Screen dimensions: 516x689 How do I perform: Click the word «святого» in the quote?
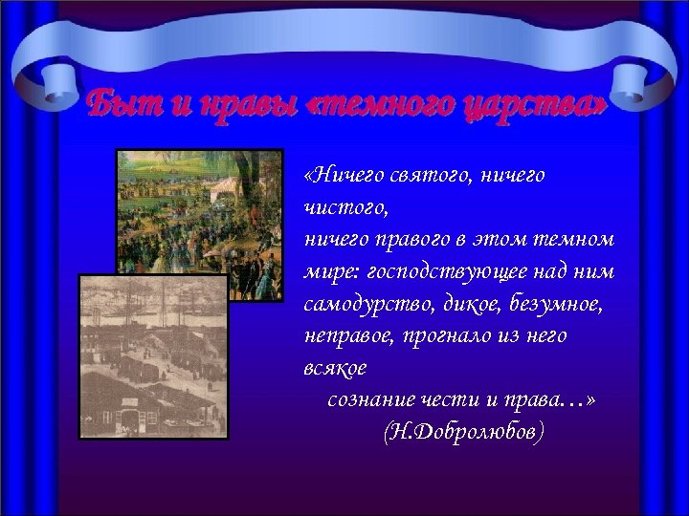(427, 175)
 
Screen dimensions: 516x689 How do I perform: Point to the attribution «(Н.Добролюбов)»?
(463, 433)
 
